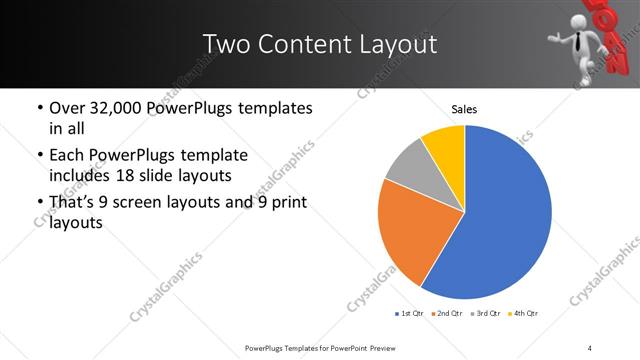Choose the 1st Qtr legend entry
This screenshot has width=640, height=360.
pyautogui.click(x=408, y=314)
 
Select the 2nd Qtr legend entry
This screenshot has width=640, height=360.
pyautogui.click(x=445, y=314)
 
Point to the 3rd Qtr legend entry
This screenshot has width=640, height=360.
pyautogui.click(x=484, y=314)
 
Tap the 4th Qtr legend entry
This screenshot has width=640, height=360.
pyautogui.click(x=522, y=314)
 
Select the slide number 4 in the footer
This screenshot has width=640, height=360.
pyautogui.click(x=590, y=347)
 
